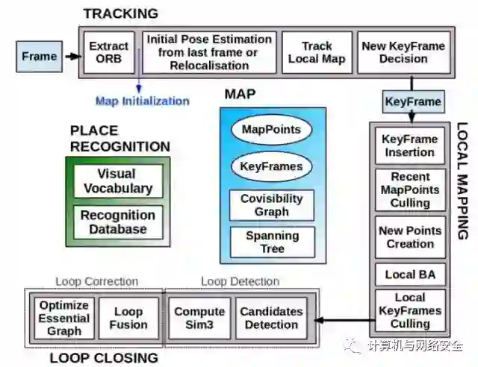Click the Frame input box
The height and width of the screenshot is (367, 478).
point(39,56)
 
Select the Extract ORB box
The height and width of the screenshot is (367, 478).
point(109,51)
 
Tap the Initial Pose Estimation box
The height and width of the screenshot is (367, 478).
point(209,51)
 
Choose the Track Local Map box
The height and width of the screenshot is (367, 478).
point(317,51)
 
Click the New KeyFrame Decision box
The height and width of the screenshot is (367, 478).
point(404,51)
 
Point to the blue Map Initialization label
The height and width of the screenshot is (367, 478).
point(142,101)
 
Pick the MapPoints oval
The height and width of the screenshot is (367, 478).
point(272,130)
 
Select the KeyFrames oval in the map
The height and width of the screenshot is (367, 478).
point(272,166)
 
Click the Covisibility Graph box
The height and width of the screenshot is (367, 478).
point(272,205)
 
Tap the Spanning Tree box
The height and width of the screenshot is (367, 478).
point(272,242)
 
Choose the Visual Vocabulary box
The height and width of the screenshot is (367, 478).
point(118,181)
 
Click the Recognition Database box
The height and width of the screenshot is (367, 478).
point(118,222)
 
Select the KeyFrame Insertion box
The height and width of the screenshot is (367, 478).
point(409,145)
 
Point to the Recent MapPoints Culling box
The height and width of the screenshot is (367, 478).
point(409,189)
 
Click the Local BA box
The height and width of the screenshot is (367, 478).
point(409,275)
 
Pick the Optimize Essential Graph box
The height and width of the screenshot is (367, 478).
point(63,319)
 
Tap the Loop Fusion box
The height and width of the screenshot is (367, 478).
point(128,319)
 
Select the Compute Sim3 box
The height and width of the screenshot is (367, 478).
point(199,319)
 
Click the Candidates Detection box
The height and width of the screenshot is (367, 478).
point(271,319)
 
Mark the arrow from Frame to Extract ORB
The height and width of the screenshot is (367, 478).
point(72,56)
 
